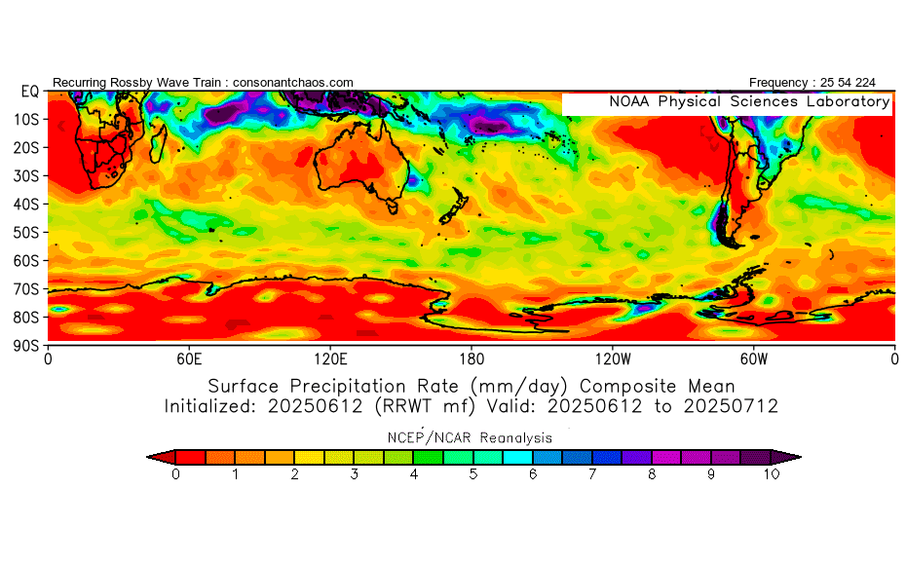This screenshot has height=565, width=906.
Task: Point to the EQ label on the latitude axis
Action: coord(29,92)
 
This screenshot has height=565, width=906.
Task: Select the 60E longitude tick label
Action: coord(189,358)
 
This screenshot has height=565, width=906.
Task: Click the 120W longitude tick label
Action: coord(613,358)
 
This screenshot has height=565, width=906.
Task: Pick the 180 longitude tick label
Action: coord(472,358)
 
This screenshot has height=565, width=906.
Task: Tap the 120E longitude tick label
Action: coord(330,358)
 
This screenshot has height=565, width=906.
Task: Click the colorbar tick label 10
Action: coord(773,474)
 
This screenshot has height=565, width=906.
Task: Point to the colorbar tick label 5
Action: coord(473,474)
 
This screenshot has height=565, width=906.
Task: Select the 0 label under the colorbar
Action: coord(175,474)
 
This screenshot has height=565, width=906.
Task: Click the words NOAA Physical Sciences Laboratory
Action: coord(748,102)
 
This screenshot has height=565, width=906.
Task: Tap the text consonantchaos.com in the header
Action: coord(293,83)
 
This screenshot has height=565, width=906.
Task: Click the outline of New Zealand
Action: coord(454,207)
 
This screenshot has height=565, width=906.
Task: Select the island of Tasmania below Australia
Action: coord(393,206)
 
